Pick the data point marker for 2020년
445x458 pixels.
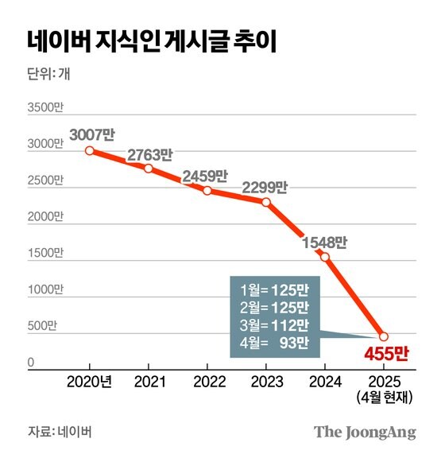(x=90, y=150)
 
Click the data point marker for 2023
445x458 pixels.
(x=266, y=202)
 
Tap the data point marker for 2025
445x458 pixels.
(x=383, y=336)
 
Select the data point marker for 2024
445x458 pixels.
(x=325, y=256)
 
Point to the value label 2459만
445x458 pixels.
(x=205, y=176)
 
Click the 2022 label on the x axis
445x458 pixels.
(x=207, y=380)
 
